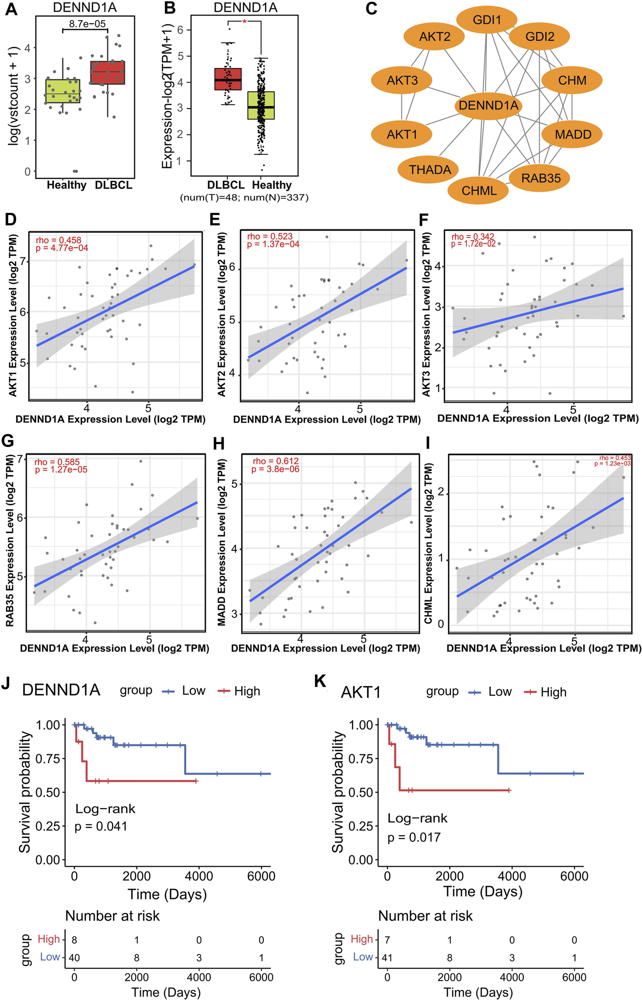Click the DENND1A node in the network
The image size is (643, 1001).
tap(488, 106)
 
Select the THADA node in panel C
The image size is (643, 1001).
tap(430, 170)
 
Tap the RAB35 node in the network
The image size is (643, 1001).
tap(541, 178)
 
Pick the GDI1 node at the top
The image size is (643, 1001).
tap(487, 20)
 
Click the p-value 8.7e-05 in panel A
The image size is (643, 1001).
tap(87, 24)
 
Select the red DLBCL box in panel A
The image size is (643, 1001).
tap(108, 73)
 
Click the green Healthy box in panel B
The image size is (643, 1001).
tap(261, 106)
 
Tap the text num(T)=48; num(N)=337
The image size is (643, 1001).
tap(244, 197)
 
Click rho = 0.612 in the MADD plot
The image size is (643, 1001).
tap(275, 461)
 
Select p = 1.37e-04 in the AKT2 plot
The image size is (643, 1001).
tap(273, 244)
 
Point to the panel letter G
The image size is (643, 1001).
tap(8, 441)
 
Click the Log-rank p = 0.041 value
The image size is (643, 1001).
tap(101, 826)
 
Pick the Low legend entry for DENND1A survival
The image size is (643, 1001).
tap(184, 691)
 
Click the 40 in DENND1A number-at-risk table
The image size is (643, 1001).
tap(74, 958)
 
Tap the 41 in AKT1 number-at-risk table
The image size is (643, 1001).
tap(388, 958)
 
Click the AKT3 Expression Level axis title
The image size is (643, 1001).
tap(426, 315)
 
